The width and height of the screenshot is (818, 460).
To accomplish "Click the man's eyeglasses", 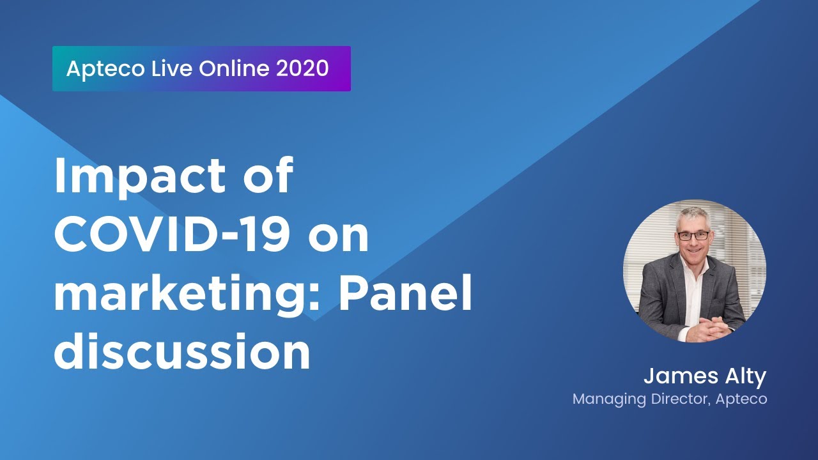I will click(x=693, y=235).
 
